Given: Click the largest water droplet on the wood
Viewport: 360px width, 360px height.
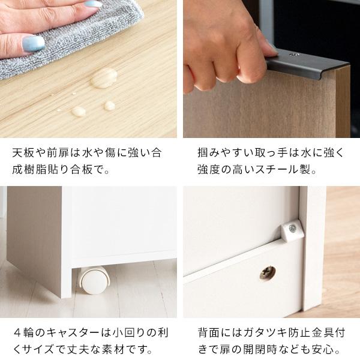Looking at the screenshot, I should (x=103, y=78).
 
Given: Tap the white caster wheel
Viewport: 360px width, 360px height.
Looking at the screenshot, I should (x=93, y=280).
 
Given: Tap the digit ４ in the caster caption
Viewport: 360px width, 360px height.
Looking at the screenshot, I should (x=19, y=331).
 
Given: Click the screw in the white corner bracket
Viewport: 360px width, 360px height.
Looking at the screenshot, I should (x=292, y=229).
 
